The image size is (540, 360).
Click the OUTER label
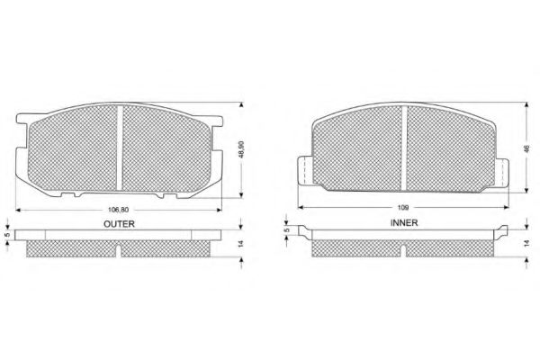pyautogui.click(x=119, y=224)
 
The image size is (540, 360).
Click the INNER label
pyautogui.click(x=404, y=223)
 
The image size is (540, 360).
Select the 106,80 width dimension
pyautogui.click(x=118, y=210)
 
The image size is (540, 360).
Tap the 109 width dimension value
pyautogui.click(x=403, y=207)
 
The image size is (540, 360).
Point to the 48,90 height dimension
pyautogui.click(x=241, y=149)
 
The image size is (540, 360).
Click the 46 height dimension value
pyautogui.click(x=526, y=148)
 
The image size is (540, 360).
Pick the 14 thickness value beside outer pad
pyautogui.click(x=240, y=244)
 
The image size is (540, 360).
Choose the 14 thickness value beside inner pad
pyautogui.click(x=526, y=243)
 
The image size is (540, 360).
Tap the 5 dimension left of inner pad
pyautogui.click(x=285, y=230)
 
